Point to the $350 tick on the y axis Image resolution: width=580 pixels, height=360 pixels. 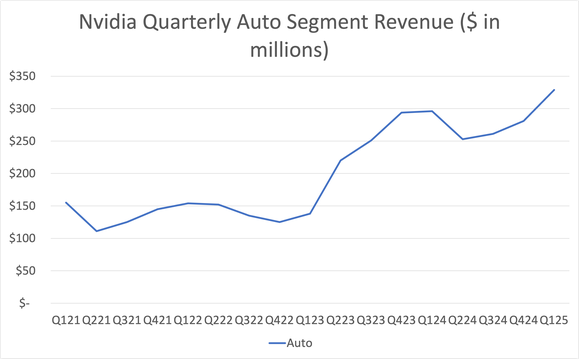pos(23,76)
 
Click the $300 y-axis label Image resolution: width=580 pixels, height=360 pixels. pos(23,108)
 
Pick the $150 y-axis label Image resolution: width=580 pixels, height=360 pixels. pos(23,206)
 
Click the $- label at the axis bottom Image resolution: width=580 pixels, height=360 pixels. pos(32,303)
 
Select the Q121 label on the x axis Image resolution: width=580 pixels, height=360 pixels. pos(65,319)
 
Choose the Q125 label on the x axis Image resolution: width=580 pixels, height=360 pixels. pos(555,319)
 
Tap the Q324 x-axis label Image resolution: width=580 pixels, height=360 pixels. pos(493,319)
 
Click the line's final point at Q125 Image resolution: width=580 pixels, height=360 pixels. pos(555,89)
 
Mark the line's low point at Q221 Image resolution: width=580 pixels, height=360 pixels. pos(96,231)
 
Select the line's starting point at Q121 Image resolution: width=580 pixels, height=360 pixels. pos(65,202)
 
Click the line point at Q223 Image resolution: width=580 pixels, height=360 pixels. pos(341,160)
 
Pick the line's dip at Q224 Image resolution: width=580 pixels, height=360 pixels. pos(463,139)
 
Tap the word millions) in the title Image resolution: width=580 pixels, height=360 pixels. pos(289,50)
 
